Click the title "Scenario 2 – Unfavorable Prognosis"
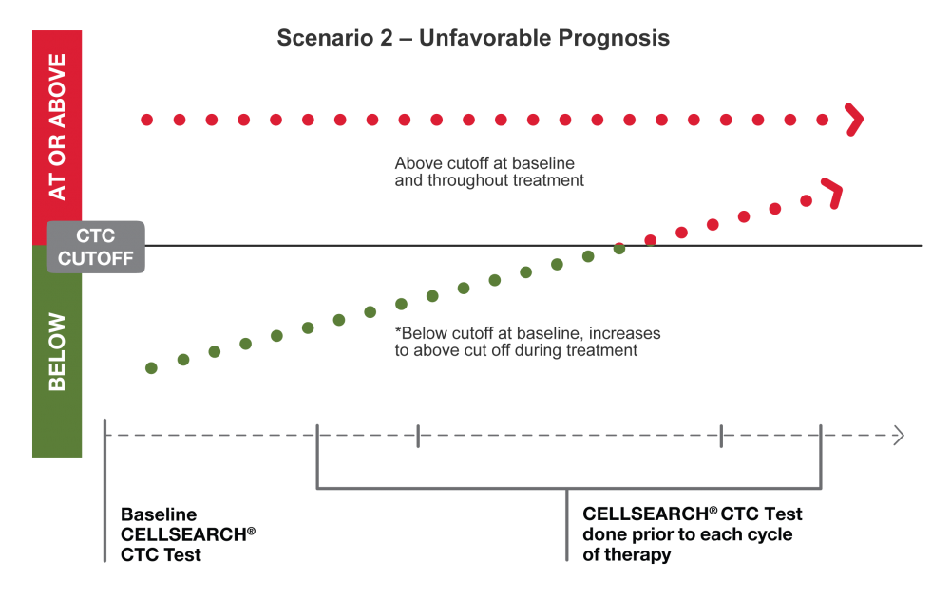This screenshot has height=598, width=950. [473, 39]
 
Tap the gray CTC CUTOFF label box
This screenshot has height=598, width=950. [95, 247]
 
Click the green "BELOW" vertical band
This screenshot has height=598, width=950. [57, 351]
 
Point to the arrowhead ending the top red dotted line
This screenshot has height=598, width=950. [855, 120]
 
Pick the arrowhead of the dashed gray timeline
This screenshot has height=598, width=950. [898, 436]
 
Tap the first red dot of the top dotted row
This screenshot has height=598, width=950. [146, 120]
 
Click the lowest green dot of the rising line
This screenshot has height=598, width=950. [151, 367]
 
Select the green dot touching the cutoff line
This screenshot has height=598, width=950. [619, 249]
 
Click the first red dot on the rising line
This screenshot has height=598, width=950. [651, 240]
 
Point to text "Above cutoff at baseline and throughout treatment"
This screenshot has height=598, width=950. [489, 171]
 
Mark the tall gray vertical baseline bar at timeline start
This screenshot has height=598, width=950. [104, 489]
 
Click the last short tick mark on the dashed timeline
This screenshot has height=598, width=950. [721, 436]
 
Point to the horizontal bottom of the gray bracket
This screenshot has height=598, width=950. [568, 489]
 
